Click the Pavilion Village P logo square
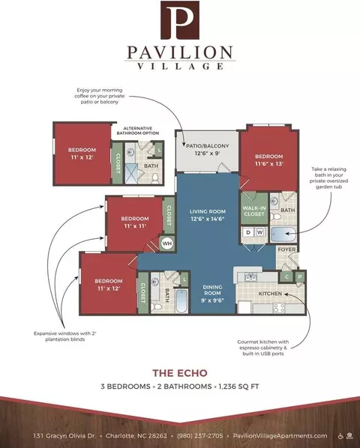click(x=180, y=20)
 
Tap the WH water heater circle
click(x=167, y=243)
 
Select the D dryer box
click(x=248, y=232)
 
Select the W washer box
click(x=260, y=232)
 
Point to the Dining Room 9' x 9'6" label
click(x=212, y=294)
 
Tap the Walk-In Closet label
click(x=254, y=211)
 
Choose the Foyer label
click(x=286, y=249)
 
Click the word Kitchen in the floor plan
click(x=270, y=294)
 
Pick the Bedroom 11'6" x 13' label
click(x=269, y=160)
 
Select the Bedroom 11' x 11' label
click(x=135, y=223)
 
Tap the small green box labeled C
click(x=286, y=277)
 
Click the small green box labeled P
click(x=300, y=277)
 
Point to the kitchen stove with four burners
click(x=279, y=308)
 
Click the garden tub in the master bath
click(x=283, y=234)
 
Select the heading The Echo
click(x=180, y=373)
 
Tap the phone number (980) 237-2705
click(x=199, y=436)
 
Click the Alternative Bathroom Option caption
click(x=138, y=131)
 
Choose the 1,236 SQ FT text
click(x=238, y=387)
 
